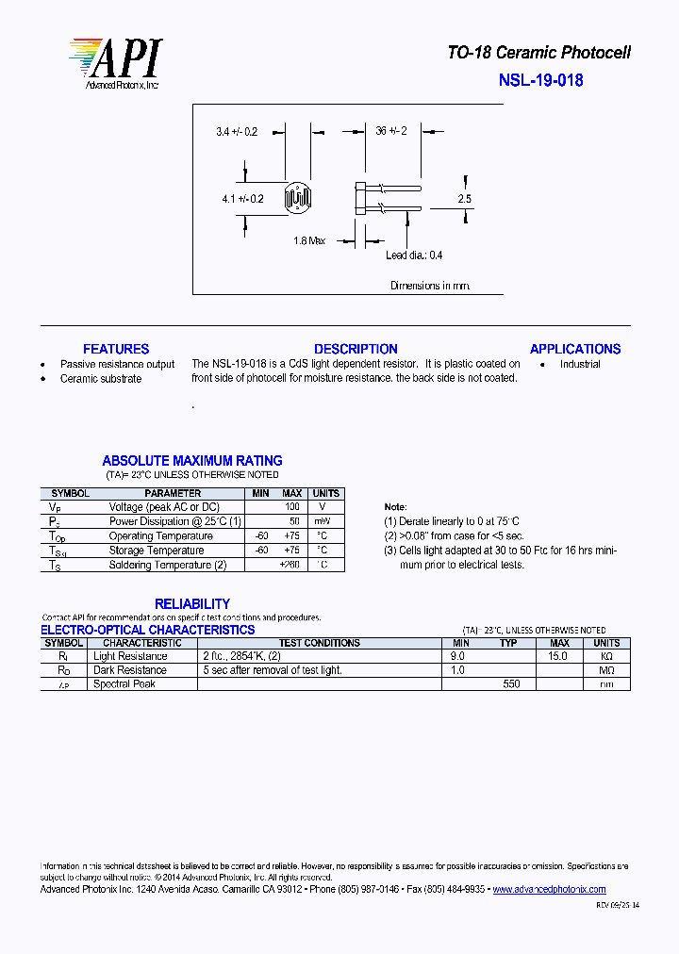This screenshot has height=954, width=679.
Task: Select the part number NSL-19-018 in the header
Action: click(540, 80)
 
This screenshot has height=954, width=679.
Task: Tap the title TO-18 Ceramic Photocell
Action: click(538, 53)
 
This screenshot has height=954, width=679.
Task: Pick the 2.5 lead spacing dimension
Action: click(464, 199)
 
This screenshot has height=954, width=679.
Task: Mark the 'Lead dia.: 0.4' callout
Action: click(414, 255)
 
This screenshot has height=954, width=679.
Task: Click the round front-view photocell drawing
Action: click(301, 198)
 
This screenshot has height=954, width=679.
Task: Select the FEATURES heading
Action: click(116, 349)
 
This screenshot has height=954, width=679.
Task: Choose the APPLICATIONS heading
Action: click(575, 349)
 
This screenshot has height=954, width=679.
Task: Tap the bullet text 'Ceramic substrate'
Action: click(101, 379)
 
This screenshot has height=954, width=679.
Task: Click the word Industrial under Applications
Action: click(580, 364)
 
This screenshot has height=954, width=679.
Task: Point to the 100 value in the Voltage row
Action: click(292, 507)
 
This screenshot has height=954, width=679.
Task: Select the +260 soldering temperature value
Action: click(291, 565)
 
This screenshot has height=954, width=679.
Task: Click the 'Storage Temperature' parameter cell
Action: click(157, 551)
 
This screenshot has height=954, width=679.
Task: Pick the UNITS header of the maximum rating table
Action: click(325, 493)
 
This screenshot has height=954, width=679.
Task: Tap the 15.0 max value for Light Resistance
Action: click(558, 656)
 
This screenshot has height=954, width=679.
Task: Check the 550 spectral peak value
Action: click(511, 684)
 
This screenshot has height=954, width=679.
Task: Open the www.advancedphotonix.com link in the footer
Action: click(549, 889)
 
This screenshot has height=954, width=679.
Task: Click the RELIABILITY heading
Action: click(192, 603)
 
